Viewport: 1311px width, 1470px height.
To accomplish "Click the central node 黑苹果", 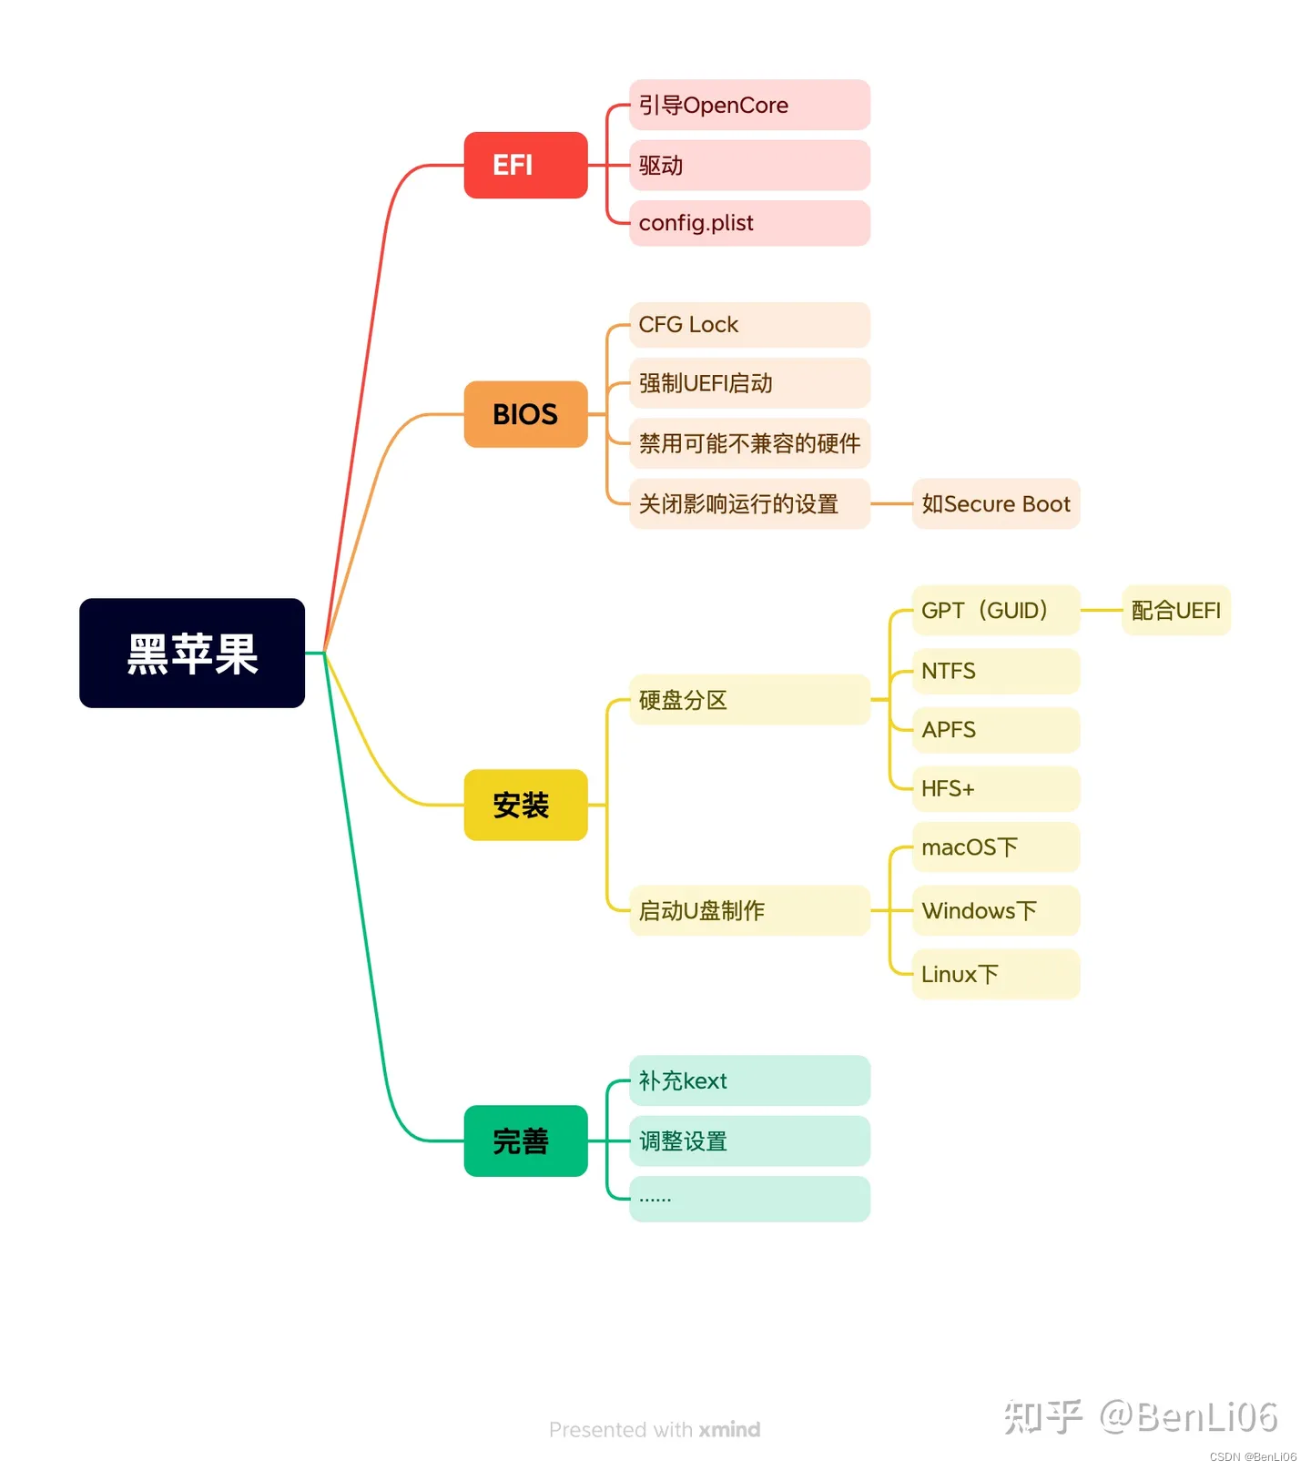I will (x=192, y=653).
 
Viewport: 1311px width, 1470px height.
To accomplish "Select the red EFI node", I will (x=525, y=165).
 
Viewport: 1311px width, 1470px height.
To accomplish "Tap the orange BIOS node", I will (x=525, y=414).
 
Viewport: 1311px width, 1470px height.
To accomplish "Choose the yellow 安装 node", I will (x=525, y=805).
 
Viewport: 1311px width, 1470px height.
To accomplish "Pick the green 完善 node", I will (x=525, y=1141).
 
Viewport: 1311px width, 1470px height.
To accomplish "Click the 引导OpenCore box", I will (x=749, y=105).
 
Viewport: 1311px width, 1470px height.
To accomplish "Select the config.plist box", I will (x=749, y=223).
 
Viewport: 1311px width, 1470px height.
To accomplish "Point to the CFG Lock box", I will (x=749, y=325).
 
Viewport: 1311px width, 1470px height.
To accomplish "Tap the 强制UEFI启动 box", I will (x=749, y=383).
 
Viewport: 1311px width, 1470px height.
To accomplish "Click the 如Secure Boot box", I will (x=995, y=503).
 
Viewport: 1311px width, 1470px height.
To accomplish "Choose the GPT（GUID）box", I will (x=995, y=610).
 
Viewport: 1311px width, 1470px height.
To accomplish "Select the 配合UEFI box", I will (x=1175, y=610).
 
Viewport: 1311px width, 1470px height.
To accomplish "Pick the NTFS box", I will (x=995, y=671).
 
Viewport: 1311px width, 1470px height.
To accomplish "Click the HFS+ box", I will (x=995, y=788).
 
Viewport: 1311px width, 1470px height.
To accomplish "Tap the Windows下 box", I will (x=995, y=910).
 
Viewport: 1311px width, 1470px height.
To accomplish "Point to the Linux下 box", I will (x=995, y=974).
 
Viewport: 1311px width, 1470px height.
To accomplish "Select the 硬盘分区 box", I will (x=749, y=700).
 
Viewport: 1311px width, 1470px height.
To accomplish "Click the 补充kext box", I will (x=749, y=1080).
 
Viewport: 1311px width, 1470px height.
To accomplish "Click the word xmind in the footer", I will (x=729, y=1429).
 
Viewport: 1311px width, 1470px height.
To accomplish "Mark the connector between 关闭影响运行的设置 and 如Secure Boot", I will (x=891, y=503).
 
